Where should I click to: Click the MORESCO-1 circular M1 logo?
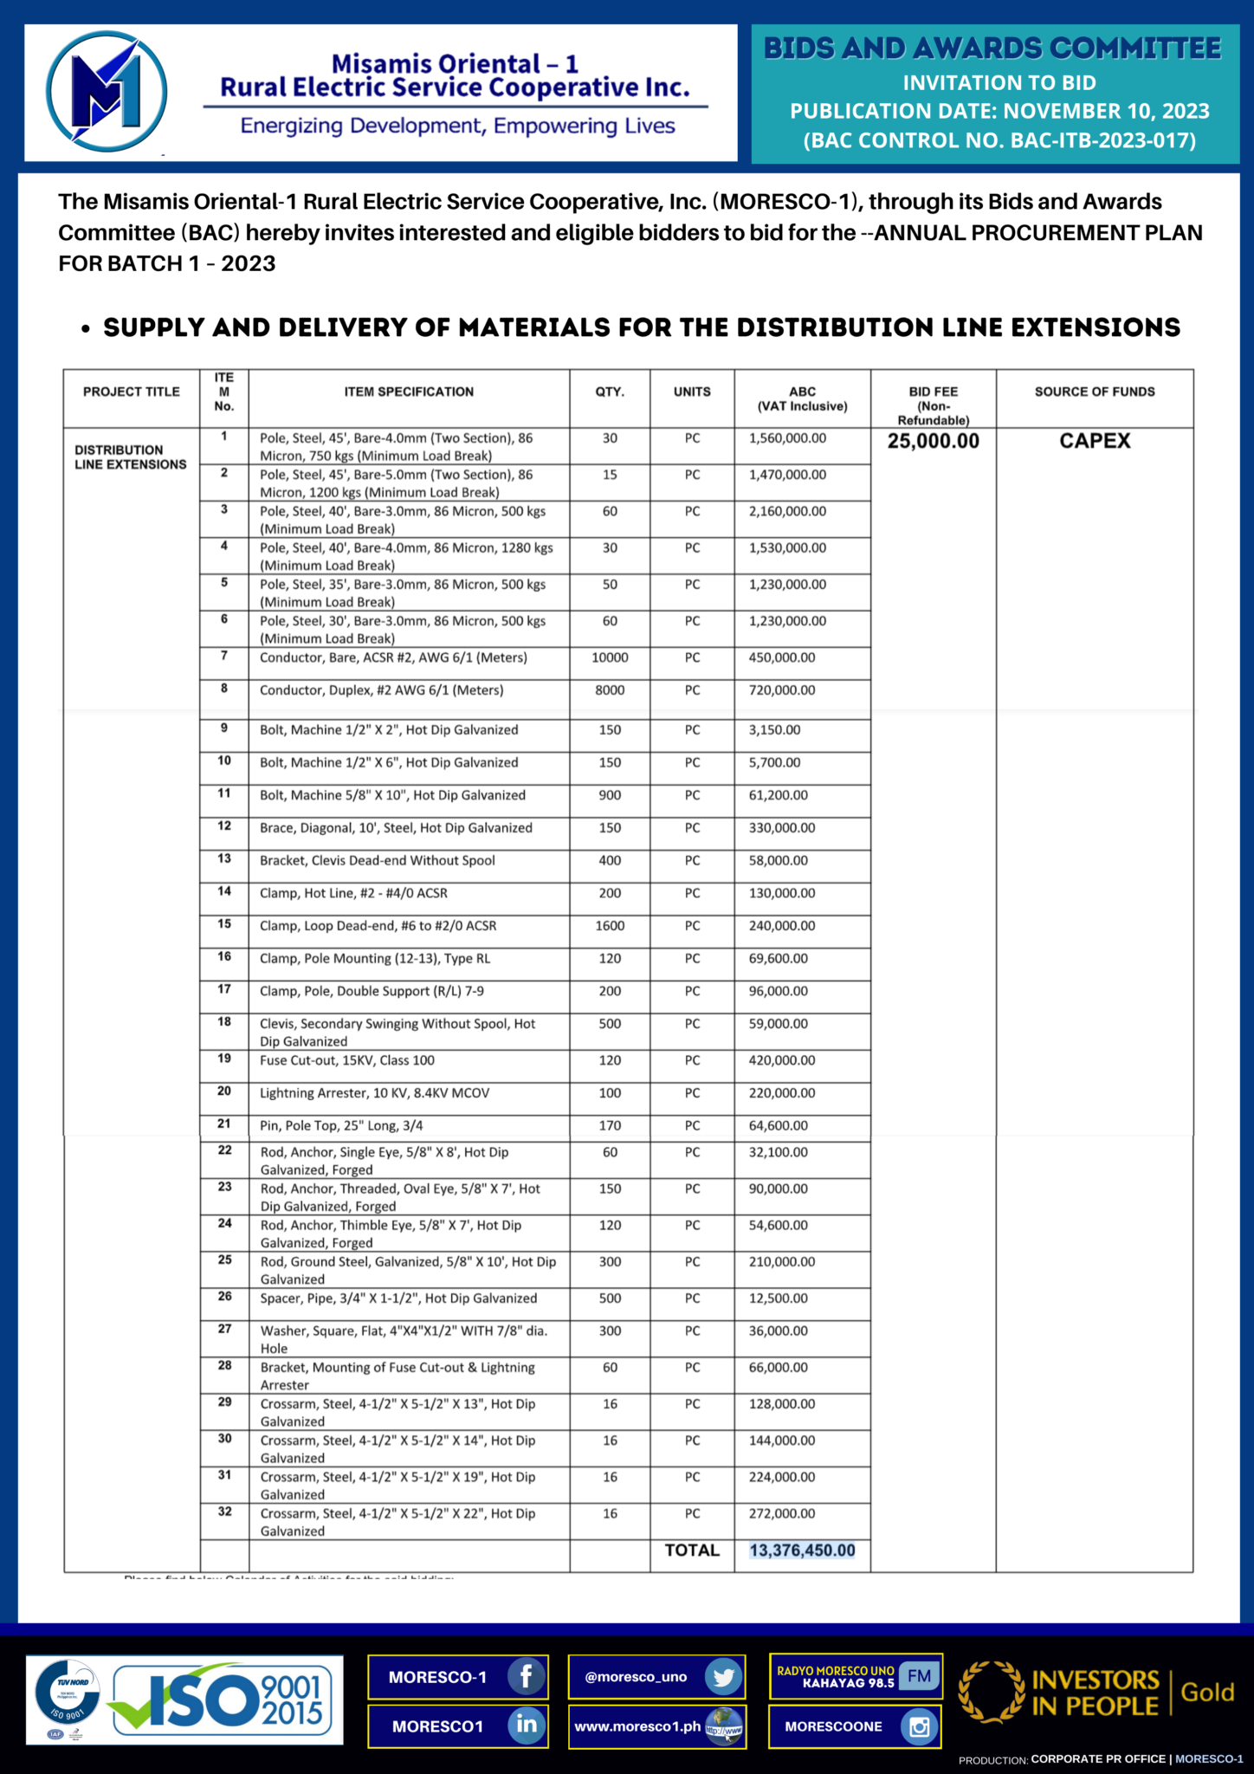point(106,91)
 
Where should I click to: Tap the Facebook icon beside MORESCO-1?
point(526,1676)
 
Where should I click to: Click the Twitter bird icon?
point(723,1677)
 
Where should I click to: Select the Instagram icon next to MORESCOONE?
point(919,1726)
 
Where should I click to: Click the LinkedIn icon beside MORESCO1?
point(526,1725)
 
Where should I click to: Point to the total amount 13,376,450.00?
point(802,1551)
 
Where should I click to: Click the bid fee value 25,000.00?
point(933,441)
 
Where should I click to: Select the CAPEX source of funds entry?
point(1095,441)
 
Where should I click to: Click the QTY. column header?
point(610,392)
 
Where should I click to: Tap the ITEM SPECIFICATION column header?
point(409,392)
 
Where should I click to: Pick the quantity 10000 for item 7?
point(610,657)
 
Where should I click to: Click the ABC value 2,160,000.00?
point(787,511)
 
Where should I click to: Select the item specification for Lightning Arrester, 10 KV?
point(374,1093)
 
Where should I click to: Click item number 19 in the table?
point(224,1059)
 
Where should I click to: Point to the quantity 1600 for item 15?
point(610,926)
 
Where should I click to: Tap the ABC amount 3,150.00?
point(774,730)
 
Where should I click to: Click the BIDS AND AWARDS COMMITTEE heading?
point(992,49)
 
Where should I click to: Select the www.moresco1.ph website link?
point(637,1726)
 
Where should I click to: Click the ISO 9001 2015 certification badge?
point(184,1699)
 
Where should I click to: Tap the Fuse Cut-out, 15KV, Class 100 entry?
point(346,1060)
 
